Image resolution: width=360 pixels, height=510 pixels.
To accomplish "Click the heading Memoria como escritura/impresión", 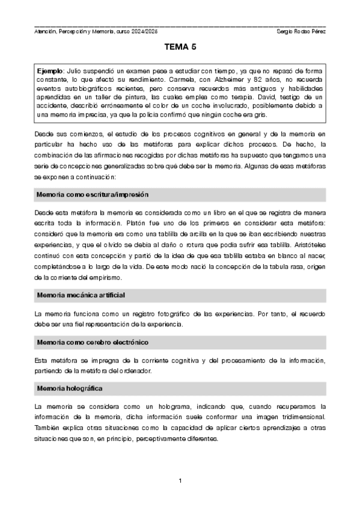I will pyautogui.click(x=92, y=195).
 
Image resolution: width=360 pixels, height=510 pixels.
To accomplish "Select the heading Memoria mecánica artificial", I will pyautogui.click(x=81, y=295).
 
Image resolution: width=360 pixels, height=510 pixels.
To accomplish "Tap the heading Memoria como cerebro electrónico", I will pyautogui.click(x=92, y=342).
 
